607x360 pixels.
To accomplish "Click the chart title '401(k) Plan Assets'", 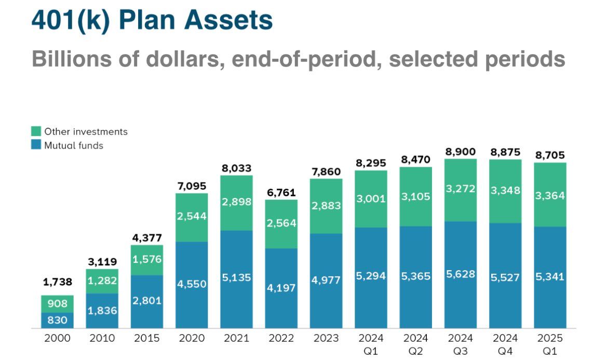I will pyautogui.click(x=152, y=21).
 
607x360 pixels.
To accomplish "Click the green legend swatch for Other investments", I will pyautogui.click(x=36, y=131).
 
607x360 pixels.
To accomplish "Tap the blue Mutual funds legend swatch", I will pyautogui.click(x=36, y=145).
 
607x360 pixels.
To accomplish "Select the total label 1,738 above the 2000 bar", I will pyautogui.click(x=57, y=283).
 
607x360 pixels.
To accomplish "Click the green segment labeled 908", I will pyautogui.click(x=57, y=304).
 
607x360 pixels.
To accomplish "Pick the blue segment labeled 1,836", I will pyautogui.click(x=102, y=311).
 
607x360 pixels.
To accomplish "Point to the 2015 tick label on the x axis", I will pyautogui.click(x=146, y=339).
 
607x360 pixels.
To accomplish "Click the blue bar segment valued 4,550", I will pyautogui.click(x=192, y=285).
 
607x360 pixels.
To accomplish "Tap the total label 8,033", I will pyautogui.click(x=236, y=168).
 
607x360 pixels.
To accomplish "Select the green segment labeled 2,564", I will pyautogui.click(x=281, y=223).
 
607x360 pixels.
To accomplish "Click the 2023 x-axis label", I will pyautogui.click(x=326, y=339).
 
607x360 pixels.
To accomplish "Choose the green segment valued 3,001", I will pyautogui.click(x=371, y=199).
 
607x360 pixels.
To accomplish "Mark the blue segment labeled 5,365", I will pyautogui.click(x=416, y=276).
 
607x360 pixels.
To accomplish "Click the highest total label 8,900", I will pyautogui.click(x=461, y=152).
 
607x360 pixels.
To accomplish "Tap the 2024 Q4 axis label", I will pyautogui.click(x=505, y=344).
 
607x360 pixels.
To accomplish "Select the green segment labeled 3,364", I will pyautogui.click(x=550, y=195).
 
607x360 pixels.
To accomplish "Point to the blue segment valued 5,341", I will pyautogui.click(x=550, y=276).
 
